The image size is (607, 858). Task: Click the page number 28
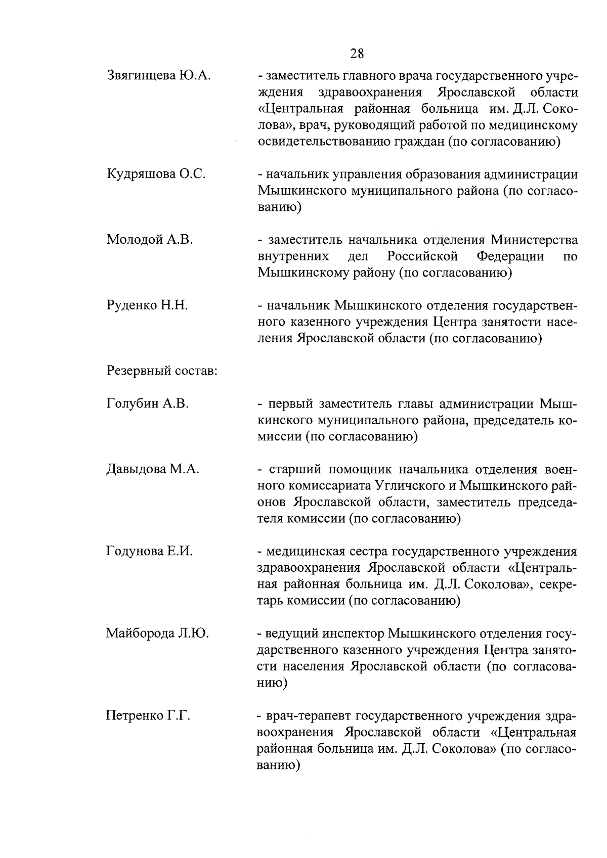[356, 53]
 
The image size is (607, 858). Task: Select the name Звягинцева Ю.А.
[158, 76]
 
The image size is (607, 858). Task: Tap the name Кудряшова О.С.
[156, 174]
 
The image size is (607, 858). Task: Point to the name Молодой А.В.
[150, 240]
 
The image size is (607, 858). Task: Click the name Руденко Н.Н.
[147, 305]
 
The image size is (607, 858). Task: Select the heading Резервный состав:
[162, 371]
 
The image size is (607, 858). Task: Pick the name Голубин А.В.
[148, 404]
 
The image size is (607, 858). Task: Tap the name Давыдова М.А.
[153, 469]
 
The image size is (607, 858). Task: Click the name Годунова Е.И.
[149, 551]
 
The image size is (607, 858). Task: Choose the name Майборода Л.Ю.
[157, 633]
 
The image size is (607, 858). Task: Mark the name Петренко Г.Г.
[148, 715]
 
